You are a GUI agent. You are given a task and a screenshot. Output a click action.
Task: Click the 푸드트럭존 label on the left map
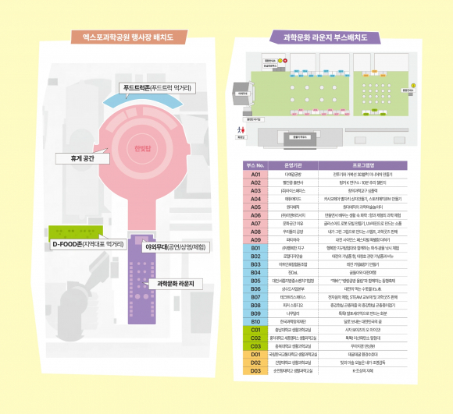point(158,87)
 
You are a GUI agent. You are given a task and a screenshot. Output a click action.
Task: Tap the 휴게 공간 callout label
point(83,157)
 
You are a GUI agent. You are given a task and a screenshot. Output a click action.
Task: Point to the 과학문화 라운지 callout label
point(176,282)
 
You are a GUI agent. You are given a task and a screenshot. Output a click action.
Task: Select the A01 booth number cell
point(255,175)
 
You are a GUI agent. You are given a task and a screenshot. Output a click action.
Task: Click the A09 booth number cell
point(255,239)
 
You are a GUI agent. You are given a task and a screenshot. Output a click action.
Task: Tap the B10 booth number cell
point(255,320)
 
